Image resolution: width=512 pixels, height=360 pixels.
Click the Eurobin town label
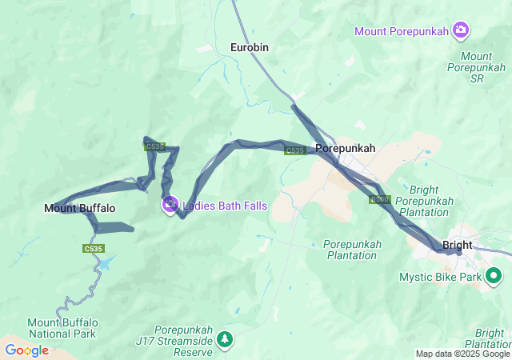click(250, 48)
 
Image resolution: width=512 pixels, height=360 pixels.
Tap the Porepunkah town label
click(345, 149)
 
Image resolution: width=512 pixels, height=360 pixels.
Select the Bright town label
click(457, 245)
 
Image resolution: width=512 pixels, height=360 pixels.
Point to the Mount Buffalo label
click(80, 209)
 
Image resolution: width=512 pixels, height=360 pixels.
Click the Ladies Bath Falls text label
click(225, 206)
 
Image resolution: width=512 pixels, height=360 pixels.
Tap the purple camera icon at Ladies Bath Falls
click(170, 206)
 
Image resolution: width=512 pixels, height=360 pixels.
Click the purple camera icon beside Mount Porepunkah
click(460, 31)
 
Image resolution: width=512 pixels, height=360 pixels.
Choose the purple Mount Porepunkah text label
click(402, 32)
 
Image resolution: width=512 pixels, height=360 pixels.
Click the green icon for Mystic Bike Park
click(494, 278)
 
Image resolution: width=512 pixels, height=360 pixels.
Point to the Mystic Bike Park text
click(442, 278)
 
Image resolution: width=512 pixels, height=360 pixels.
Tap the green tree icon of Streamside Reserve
click(226, 338)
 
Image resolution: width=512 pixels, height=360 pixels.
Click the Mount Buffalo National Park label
click(62, 328)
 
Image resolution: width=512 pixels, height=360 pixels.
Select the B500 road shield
click(379, 199)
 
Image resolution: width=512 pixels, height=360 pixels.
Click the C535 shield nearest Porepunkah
click(294, 150)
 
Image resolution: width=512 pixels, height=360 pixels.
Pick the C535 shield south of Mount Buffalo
click(94, 249)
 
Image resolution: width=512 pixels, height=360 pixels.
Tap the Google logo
click(27, 350)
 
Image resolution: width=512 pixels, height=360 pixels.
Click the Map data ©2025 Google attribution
click(462, 354)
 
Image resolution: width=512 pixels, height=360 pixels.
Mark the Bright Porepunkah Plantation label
click(434, 201)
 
